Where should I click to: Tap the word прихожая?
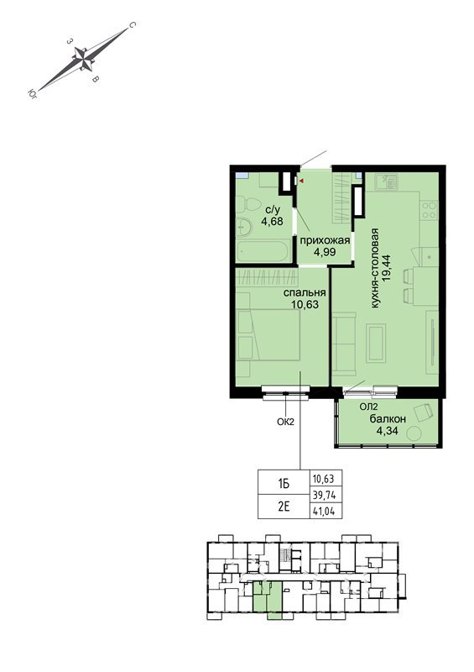324,240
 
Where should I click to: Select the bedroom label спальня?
305,292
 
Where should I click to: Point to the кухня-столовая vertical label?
375,268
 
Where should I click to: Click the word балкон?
388,418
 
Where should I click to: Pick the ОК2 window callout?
285,422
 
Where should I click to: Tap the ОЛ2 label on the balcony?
367,407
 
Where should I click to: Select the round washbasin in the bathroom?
243,226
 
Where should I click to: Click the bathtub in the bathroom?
263,251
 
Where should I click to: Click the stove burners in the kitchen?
429,211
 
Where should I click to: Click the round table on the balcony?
414,433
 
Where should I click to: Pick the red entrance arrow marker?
301,181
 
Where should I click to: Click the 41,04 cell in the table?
326,511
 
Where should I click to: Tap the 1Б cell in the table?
284,484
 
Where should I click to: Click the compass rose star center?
83,58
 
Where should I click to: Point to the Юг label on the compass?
33,93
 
